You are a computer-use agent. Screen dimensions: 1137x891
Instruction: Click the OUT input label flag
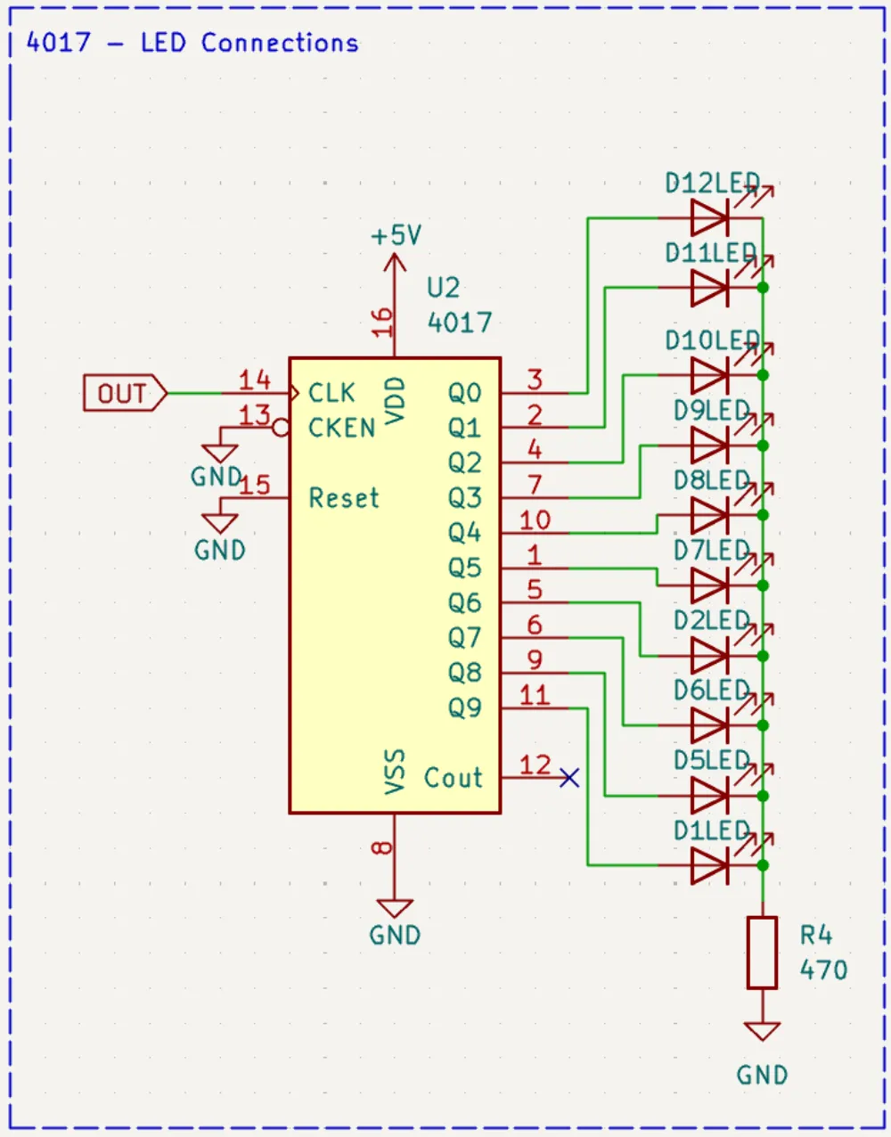(124, 393)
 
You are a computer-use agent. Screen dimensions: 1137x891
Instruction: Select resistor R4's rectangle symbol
(762, 953)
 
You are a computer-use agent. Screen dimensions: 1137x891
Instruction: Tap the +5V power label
(396, 236)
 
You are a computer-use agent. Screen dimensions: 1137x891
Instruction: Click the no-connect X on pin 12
(569, 778)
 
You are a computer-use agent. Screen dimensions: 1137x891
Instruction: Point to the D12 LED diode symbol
(710, 217)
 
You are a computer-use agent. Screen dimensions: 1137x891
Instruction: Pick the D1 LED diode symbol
(710, 865)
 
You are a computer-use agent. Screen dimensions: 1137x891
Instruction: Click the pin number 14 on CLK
(254, 380)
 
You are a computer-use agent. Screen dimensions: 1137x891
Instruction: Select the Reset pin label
(343, 497)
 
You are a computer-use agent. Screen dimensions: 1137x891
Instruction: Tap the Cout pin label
(453, 778)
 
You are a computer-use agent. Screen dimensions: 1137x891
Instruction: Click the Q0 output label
(464, 393)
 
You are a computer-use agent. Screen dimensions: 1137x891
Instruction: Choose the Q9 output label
(464, 708)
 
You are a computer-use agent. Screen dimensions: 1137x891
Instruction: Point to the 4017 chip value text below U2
(460, 322)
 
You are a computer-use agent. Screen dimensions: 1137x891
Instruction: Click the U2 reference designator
(443, 288)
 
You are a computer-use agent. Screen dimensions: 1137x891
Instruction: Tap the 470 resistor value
(823, 969)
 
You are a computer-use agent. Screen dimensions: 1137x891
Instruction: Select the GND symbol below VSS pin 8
(395, 910)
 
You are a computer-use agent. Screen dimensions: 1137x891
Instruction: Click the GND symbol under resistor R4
(762, 1032)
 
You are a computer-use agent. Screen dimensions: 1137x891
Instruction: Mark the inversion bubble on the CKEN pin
(281, 429)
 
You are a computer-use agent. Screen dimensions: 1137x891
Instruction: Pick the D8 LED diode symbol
(710, 515)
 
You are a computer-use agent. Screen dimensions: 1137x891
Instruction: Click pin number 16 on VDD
(382, 322)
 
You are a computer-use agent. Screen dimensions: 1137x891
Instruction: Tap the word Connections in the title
(280, 42)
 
